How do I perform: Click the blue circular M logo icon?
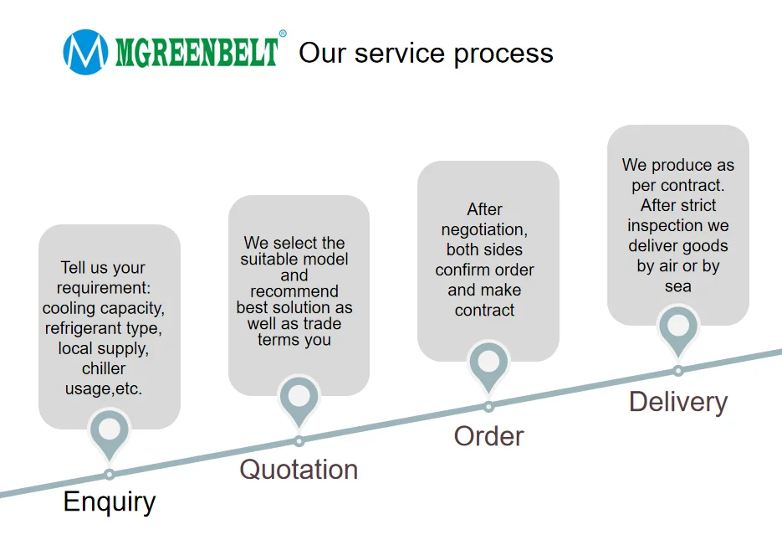85,52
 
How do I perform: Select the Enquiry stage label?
110,502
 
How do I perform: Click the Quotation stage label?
299,470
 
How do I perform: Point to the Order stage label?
488,436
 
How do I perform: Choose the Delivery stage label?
677,402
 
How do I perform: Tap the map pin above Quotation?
299,397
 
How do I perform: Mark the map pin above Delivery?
678,327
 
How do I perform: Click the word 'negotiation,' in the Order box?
485,229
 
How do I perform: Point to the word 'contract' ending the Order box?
485,311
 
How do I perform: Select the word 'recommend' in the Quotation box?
294,291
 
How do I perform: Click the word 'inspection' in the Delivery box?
677,226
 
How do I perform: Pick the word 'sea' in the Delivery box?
678,286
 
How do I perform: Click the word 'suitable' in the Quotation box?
266,260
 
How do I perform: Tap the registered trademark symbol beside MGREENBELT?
283,34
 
